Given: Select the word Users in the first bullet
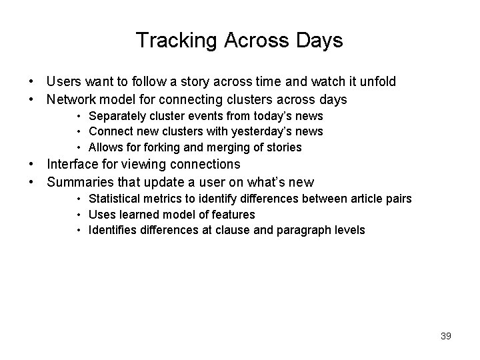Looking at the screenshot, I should [x=63, y=81].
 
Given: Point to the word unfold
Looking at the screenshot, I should [x=377, y=81].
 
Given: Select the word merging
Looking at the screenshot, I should [x=231, y=147].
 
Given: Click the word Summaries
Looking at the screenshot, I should [x=79, y=182].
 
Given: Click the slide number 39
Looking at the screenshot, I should [x=445, y=336].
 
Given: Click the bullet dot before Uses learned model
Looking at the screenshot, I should [x=79, y=215].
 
